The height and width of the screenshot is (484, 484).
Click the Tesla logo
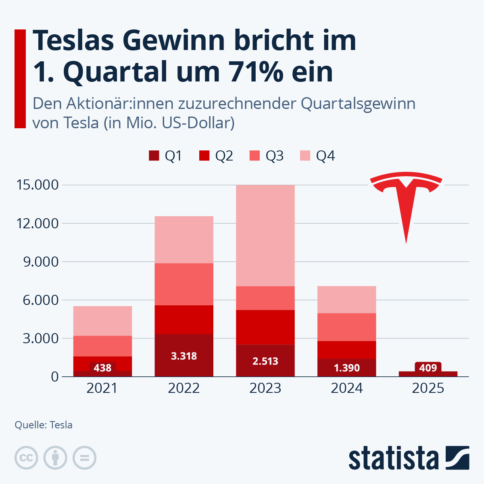(406, 202)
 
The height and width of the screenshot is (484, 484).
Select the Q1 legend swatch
(154, 156)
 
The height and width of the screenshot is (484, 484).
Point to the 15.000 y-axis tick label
(37, 185)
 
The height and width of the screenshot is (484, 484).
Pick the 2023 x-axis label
(265, 388)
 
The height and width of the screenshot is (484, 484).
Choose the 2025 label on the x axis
(428, 388)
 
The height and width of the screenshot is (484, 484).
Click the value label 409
(428, 367)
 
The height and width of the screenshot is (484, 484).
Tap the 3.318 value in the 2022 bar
(184, 356)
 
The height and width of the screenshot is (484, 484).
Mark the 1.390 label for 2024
(347, 368)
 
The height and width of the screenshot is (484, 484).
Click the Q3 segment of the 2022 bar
(184, 284)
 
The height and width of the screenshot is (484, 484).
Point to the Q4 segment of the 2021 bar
(102, 321)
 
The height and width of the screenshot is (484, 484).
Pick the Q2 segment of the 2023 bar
(265, 327)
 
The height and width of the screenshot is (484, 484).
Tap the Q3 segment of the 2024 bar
(347, 327)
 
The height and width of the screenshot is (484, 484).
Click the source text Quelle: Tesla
(44, 425)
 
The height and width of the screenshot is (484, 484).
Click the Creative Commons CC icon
(26, 458)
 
